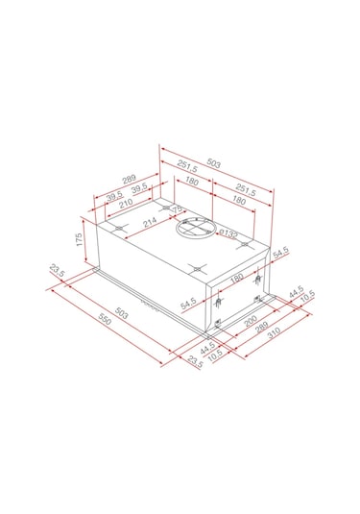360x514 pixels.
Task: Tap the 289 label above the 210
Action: coord(127,178)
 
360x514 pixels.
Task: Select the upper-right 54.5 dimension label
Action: coord(280,255)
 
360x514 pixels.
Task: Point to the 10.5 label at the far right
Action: coord(306,298)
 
